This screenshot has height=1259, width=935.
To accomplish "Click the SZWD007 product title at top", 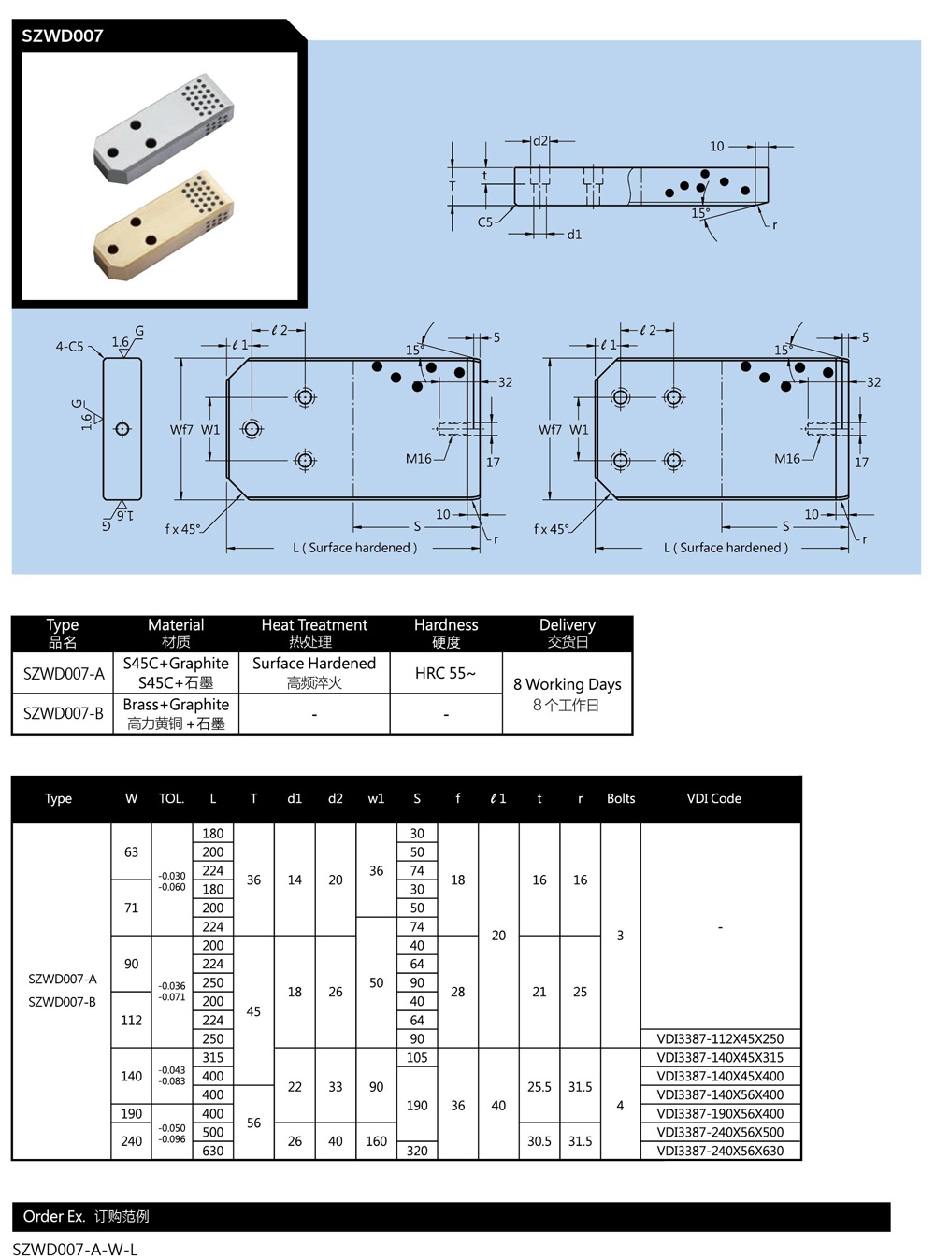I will point(63,36).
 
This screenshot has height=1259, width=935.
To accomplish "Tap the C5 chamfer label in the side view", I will point(485,222).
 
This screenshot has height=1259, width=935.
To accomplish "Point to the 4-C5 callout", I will point(69,347).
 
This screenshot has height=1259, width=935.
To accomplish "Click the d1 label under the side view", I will point(574,235).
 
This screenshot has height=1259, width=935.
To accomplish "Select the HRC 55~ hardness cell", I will point(445,673).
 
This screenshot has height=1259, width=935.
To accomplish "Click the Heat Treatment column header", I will point(313,633).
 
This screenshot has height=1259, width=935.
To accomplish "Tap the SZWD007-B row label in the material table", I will point(63,713).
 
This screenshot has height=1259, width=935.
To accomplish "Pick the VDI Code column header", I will point(713,798).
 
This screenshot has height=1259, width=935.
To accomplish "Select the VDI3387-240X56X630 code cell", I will point(720,1151).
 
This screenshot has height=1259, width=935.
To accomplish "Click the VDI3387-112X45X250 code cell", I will point(720,1038).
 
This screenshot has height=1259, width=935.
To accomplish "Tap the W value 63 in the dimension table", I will point(131,851).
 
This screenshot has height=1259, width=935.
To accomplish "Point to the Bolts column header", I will point(620,798).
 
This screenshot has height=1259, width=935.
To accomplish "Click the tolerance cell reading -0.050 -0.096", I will point(172,1133).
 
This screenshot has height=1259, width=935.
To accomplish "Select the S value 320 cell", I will point(417,1151).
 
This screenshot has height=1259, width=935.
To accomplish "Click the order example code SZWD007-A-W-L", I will point(75,1250).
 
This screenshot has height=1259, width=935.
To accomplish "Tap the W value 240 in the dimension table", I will point(131,1141).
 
